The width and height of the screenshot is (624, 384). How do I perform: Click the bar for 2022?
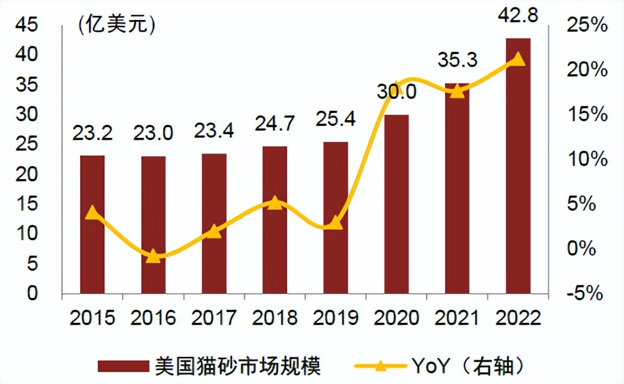coord(518,165)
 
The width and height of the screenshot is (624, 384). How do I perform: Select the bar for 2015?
coord(92,224)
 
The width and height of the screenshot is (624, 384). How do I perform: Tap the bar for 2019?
coord(336,217)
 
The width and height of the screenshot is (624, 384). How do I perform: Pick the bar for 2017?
coord(214,223)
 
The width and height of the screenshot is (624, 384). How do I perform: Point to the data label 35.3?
coord(457,60)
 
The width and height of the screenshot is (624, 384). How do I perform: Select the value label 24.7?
coord(274,124)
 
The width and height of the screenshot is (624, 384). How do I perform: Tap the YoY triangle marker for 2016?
coord(153,256)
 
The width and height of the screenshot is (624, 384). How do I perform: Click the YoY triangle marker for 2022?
coord(518,58)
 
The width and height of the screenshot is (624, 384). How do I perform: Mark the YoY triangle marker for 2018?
coord(274,203)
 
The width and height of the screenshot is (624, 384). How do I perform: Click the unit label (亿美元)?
coord(115,25)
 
